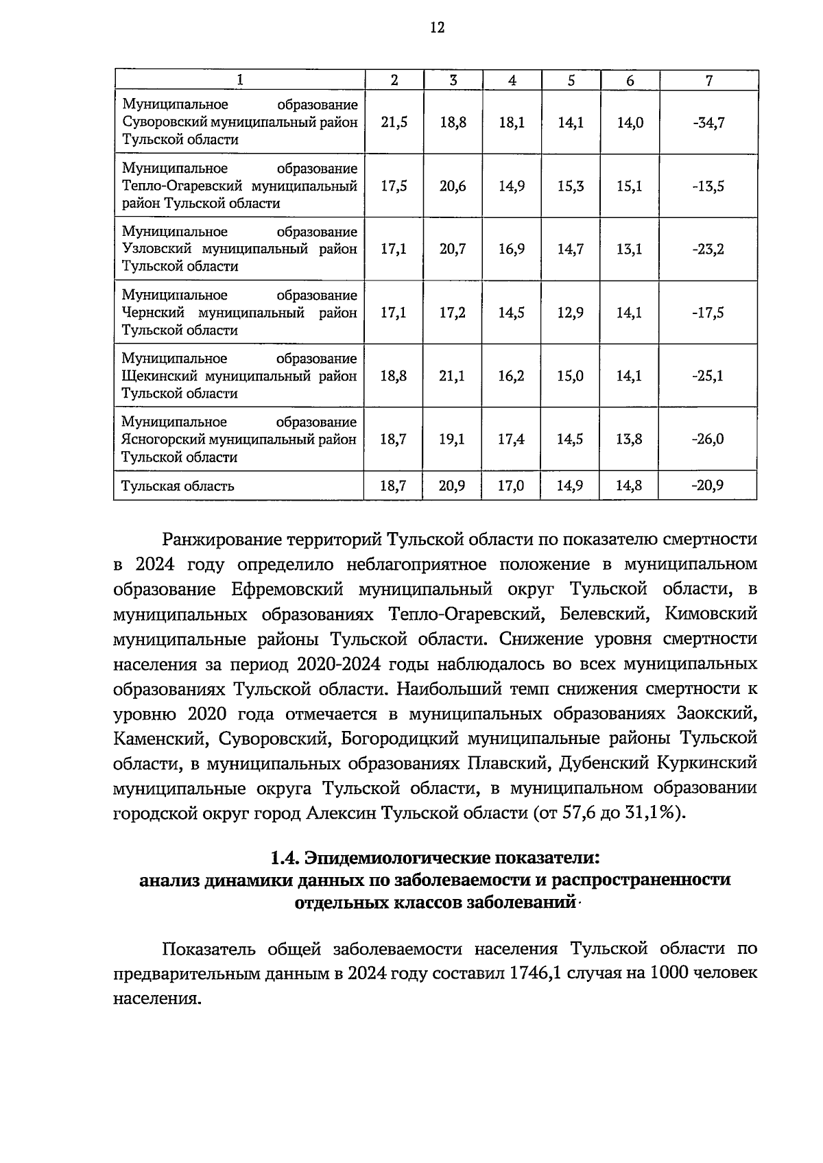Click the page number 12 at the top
(x=437, y=27)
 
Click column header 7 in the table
(x=708, y=80)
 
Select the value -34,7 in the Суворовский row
(x=708, y=123)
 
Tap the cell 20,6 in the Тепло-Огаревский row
(x=453, y=186)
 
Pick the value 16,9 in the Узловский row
(x=512, y=249)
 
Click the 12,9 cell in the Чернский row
(x=571, y=313)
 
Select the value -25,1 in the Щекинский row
(x=708, y=376)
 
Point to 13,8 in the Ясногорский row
(x=629, y=439)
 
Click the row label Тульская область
(x=178, y=486)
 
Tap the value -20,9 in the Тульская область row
(x=708, y=486)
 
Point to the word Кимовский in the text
(x=711, y=614)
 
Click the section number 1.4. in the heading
(x=285, y=858)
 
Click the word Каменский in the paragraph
(x=160, y=739)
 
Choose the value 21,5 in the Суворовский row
(x=394, y=123)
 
